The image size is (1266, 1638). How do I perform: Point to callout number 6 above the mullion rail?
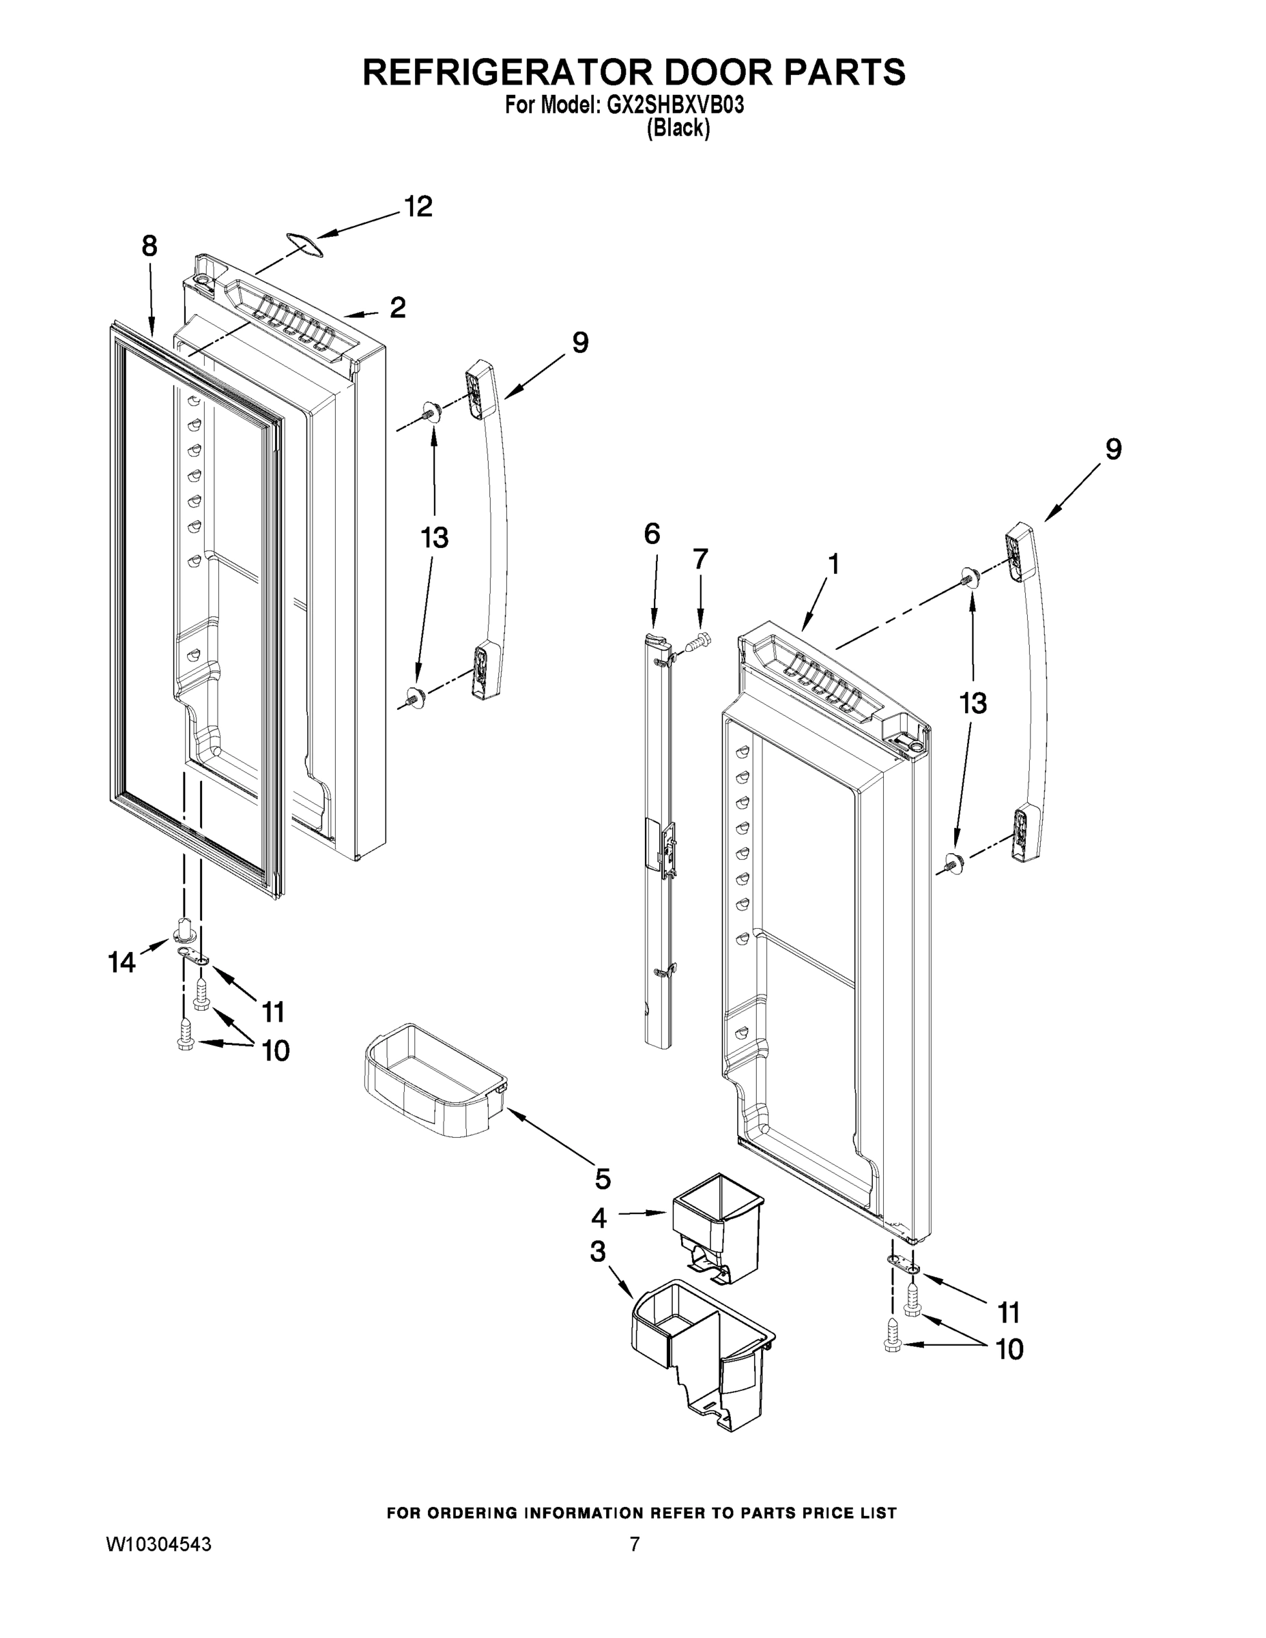coord(652,534)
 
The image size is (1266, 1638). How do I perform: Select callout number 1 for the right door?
coord(833,564)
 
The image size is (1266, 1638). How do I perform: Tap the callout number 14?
coord(122,962)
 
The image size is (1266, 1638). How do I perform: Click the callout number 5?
coord(602,1178)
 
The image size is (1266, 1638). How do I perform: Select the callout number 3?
coord(598,1251)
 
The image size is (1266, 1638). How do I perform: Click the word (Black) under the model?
coord(678,129)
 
